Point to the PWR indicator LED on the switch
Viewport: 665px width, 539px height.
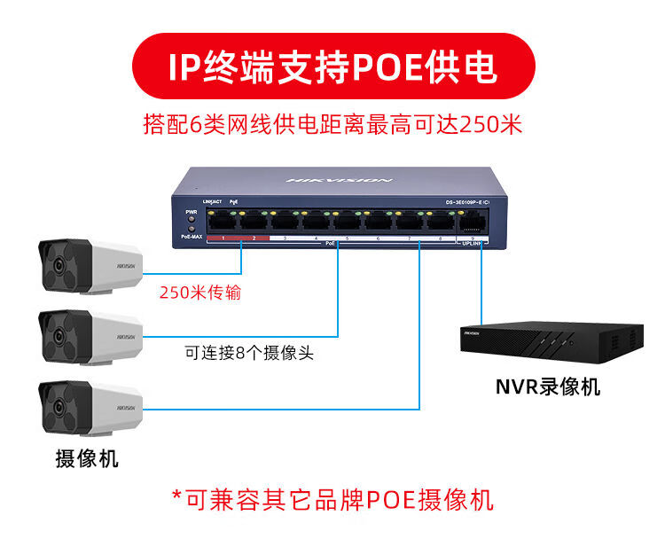point(191,221)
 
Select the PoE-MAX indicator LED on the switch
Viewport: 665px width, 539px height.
point(191,230)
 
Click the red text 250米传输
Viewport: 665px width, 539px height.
point(199,292)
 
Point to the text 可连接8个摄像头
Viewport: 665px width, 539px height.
point(249,353)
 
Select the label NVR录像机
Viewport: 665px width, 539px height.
point(548,387)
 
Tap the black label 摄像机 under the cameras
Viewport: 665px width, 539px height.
point(86,458)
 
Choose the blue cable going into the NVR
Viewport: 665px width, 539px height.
point(481,284)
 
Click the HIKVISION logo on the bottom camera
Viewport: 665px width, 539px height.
point(125,408)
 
